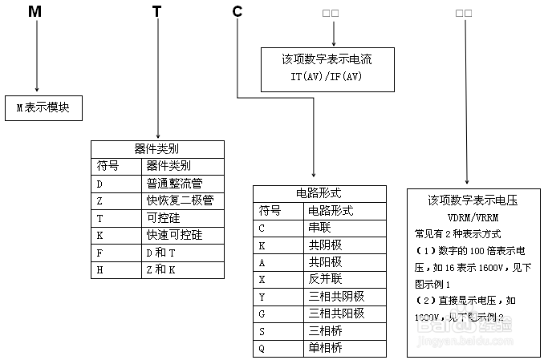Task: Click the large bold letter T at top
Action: pos(156,13)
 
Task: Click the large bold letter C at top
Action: pos(237,13)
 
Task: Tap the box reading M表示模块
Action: pos(43,107)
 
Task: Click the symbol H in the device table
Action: pos(100,269)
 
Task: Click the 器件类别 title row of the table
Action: pos(156,149)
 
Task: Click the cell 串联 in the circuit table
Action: pos(319,228)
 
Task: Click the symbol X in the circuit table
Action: pos(262,280)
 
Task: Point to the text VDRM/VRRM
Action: pos(472,217)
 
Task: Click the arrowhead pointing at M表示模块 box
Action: pos(37,89)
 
